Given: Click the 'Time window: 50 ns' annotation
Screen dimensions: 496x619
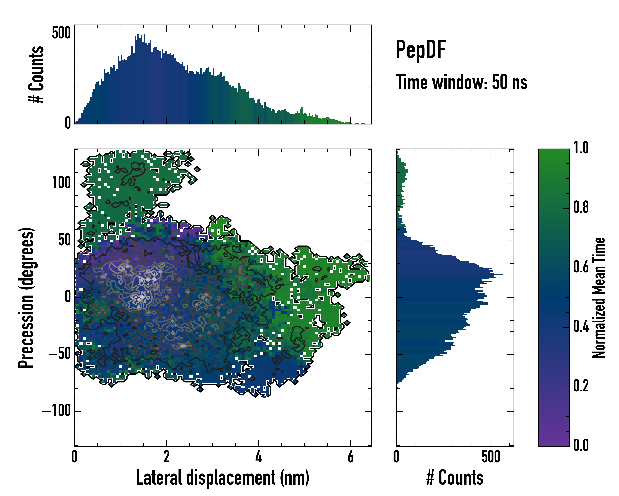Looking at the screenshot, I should pos(461,82).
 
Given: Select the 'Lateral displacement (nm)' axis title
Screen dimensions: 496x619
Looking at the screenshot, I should pos(222,477).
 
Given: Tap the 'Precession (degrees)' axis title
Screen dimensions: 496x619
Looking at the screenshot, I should pos(26,298).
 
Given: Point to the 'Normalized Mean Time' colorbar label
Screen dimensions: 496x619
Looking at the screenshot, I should pos(598,298).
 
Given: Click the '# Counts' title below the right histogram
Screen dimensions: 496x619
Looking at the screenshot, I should pos(455,477).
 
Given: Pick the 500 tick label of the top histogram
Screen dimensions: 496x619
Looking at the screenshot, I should pos(61,33).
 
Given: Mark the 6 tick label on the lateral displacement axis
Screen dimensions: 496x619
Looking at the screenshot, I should pos(350,457).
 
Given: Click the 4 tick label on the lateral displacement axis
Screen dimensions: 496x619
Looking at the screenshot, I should pos(258,457).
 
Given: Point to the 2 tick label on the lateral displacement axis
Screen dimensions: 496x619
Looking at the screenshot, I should pos(167,457).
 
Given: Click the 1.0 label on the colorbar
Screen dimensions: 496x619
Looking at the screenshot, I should pos(581,148).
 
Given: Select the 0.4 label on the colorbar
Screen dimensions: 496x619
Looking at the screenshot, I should pos(581,327).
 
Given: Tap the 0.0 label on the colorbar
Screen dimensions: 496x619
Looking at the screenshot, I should pos(581,445).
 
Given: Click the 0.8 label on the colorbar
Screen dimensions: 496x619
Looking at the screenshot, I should pos(581,207).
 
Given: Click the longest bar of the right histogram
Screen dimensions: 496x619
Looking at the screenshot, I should pos(449,275).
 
